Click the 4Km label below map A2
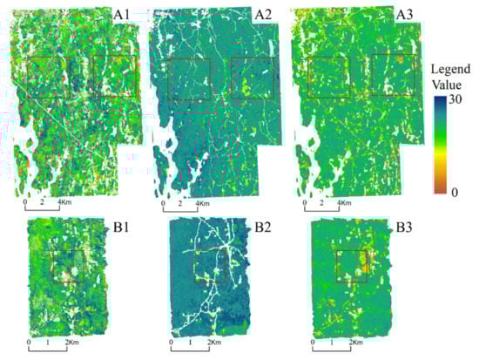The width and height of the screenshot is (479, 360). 206,204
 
